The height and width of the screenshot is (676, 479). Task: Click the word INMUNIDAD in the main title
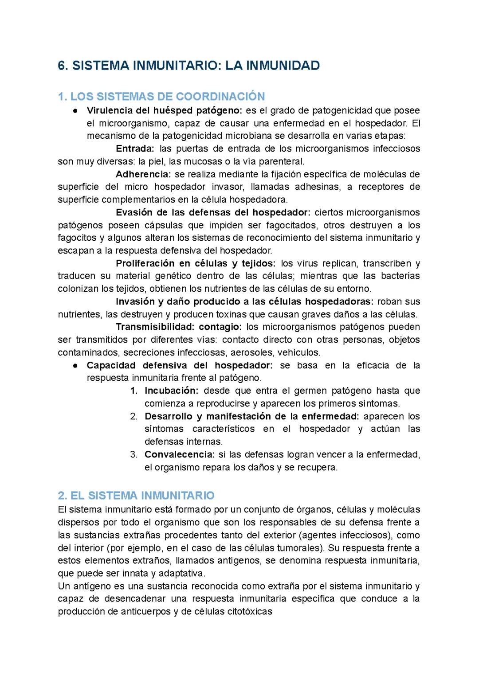(283, 66)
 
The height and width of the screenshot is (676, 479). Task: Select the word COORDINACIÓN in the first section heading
(220, 97)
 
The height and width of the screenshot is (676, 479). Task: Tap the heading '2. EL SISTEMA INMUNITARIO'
(136, 496)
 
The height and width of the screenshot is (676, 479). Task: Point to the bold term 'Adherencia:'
(143, 174)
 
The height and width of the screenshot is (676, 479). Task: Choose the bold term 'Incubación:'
(171, 391)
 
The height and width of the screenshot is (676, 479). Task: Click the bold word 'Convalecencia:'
(180, 455)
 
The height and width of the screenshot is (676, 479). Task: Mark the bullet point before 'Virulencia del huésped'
(76, 110)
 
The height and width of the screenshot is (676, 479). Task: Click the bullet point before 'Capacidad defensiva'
(76, 366)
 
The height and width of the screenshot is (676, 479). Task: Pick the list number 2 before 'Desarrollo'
(134, 417)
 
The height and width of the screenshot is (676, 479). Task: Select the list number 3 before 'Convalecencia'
(134, 455)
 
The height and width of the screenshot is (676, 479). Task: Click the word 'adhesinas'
(318, 187)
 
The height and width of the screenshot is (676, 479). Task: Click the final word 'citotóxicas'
(250, 612)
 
